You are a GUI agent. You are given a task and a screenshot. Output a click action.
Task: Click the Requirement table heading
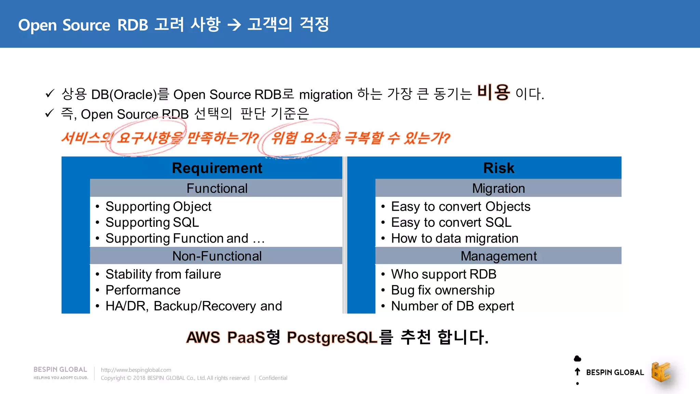217,168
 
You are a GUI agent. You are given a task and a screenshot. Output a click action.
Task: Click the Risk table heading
498,168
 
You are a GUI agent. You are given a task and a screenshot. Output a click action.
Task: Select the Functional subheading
217,188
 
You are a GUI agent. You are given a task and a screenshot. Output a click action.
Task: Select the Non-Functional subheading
217,256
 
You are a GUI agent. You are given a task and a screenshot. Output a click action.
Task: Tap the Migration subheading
498,188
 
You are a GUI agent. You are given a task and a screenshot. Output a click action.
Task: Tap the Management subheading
498,256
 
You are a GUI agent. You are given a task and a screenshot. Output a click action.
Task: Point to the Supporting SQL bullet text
152,222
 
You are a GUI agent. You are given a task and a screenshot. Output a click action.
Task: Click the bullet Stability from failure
163,274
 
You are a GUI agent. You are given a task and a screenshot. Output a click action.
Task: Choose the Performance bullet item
143,290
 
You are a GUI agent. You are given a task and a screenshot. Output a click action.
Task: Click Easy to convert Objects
460,206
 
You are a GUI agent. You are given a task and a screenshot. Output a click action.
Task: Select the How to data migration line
455,238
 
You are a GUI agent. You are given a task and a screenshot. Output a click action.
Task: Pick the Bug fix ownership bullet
443,290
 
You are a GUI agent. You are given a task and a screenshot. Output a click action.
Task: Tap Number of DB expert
452,306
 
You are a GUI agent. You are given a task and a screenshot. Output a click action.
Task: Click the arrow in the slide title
234,25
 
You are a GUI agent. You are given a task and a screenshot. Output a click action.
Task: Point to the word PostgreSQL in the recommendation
332,337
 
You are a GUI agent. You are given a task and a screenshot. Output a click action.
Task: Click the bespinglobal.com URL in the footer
136,370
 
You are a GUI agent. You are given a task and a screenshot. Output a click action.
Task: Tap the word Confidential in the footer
273,378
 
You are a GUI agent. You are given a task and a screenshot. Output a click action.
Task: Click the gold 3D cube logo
661,372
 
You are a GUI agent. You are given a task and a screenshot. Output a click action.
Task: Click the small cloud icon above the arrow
577,358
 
